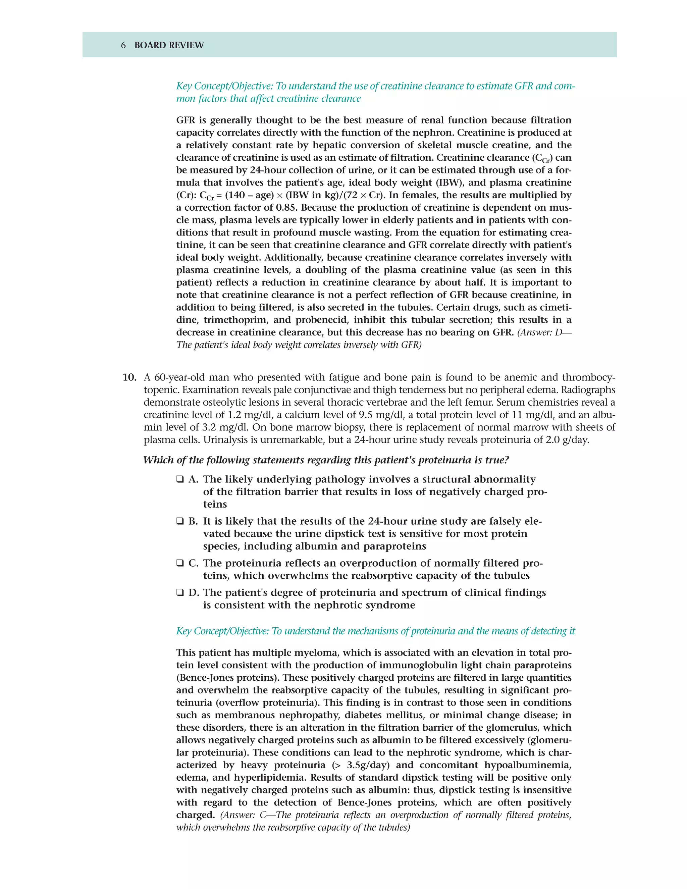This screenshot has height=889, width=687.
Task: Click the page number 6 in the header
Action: (x=123, y=45)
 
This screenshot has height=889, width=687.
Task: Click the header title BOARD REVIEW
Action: (x=169, y=45)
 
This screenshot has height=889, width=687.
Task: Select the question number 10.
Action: (x=129, y=377)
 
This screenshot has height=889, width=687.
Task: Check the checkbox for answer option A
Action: (x=180, y=479)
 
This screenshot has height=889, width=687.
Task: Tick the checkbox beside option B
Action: (x=180, y=521)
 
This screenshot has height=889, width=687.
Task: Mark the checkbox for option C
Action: (x=180, y=563)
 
